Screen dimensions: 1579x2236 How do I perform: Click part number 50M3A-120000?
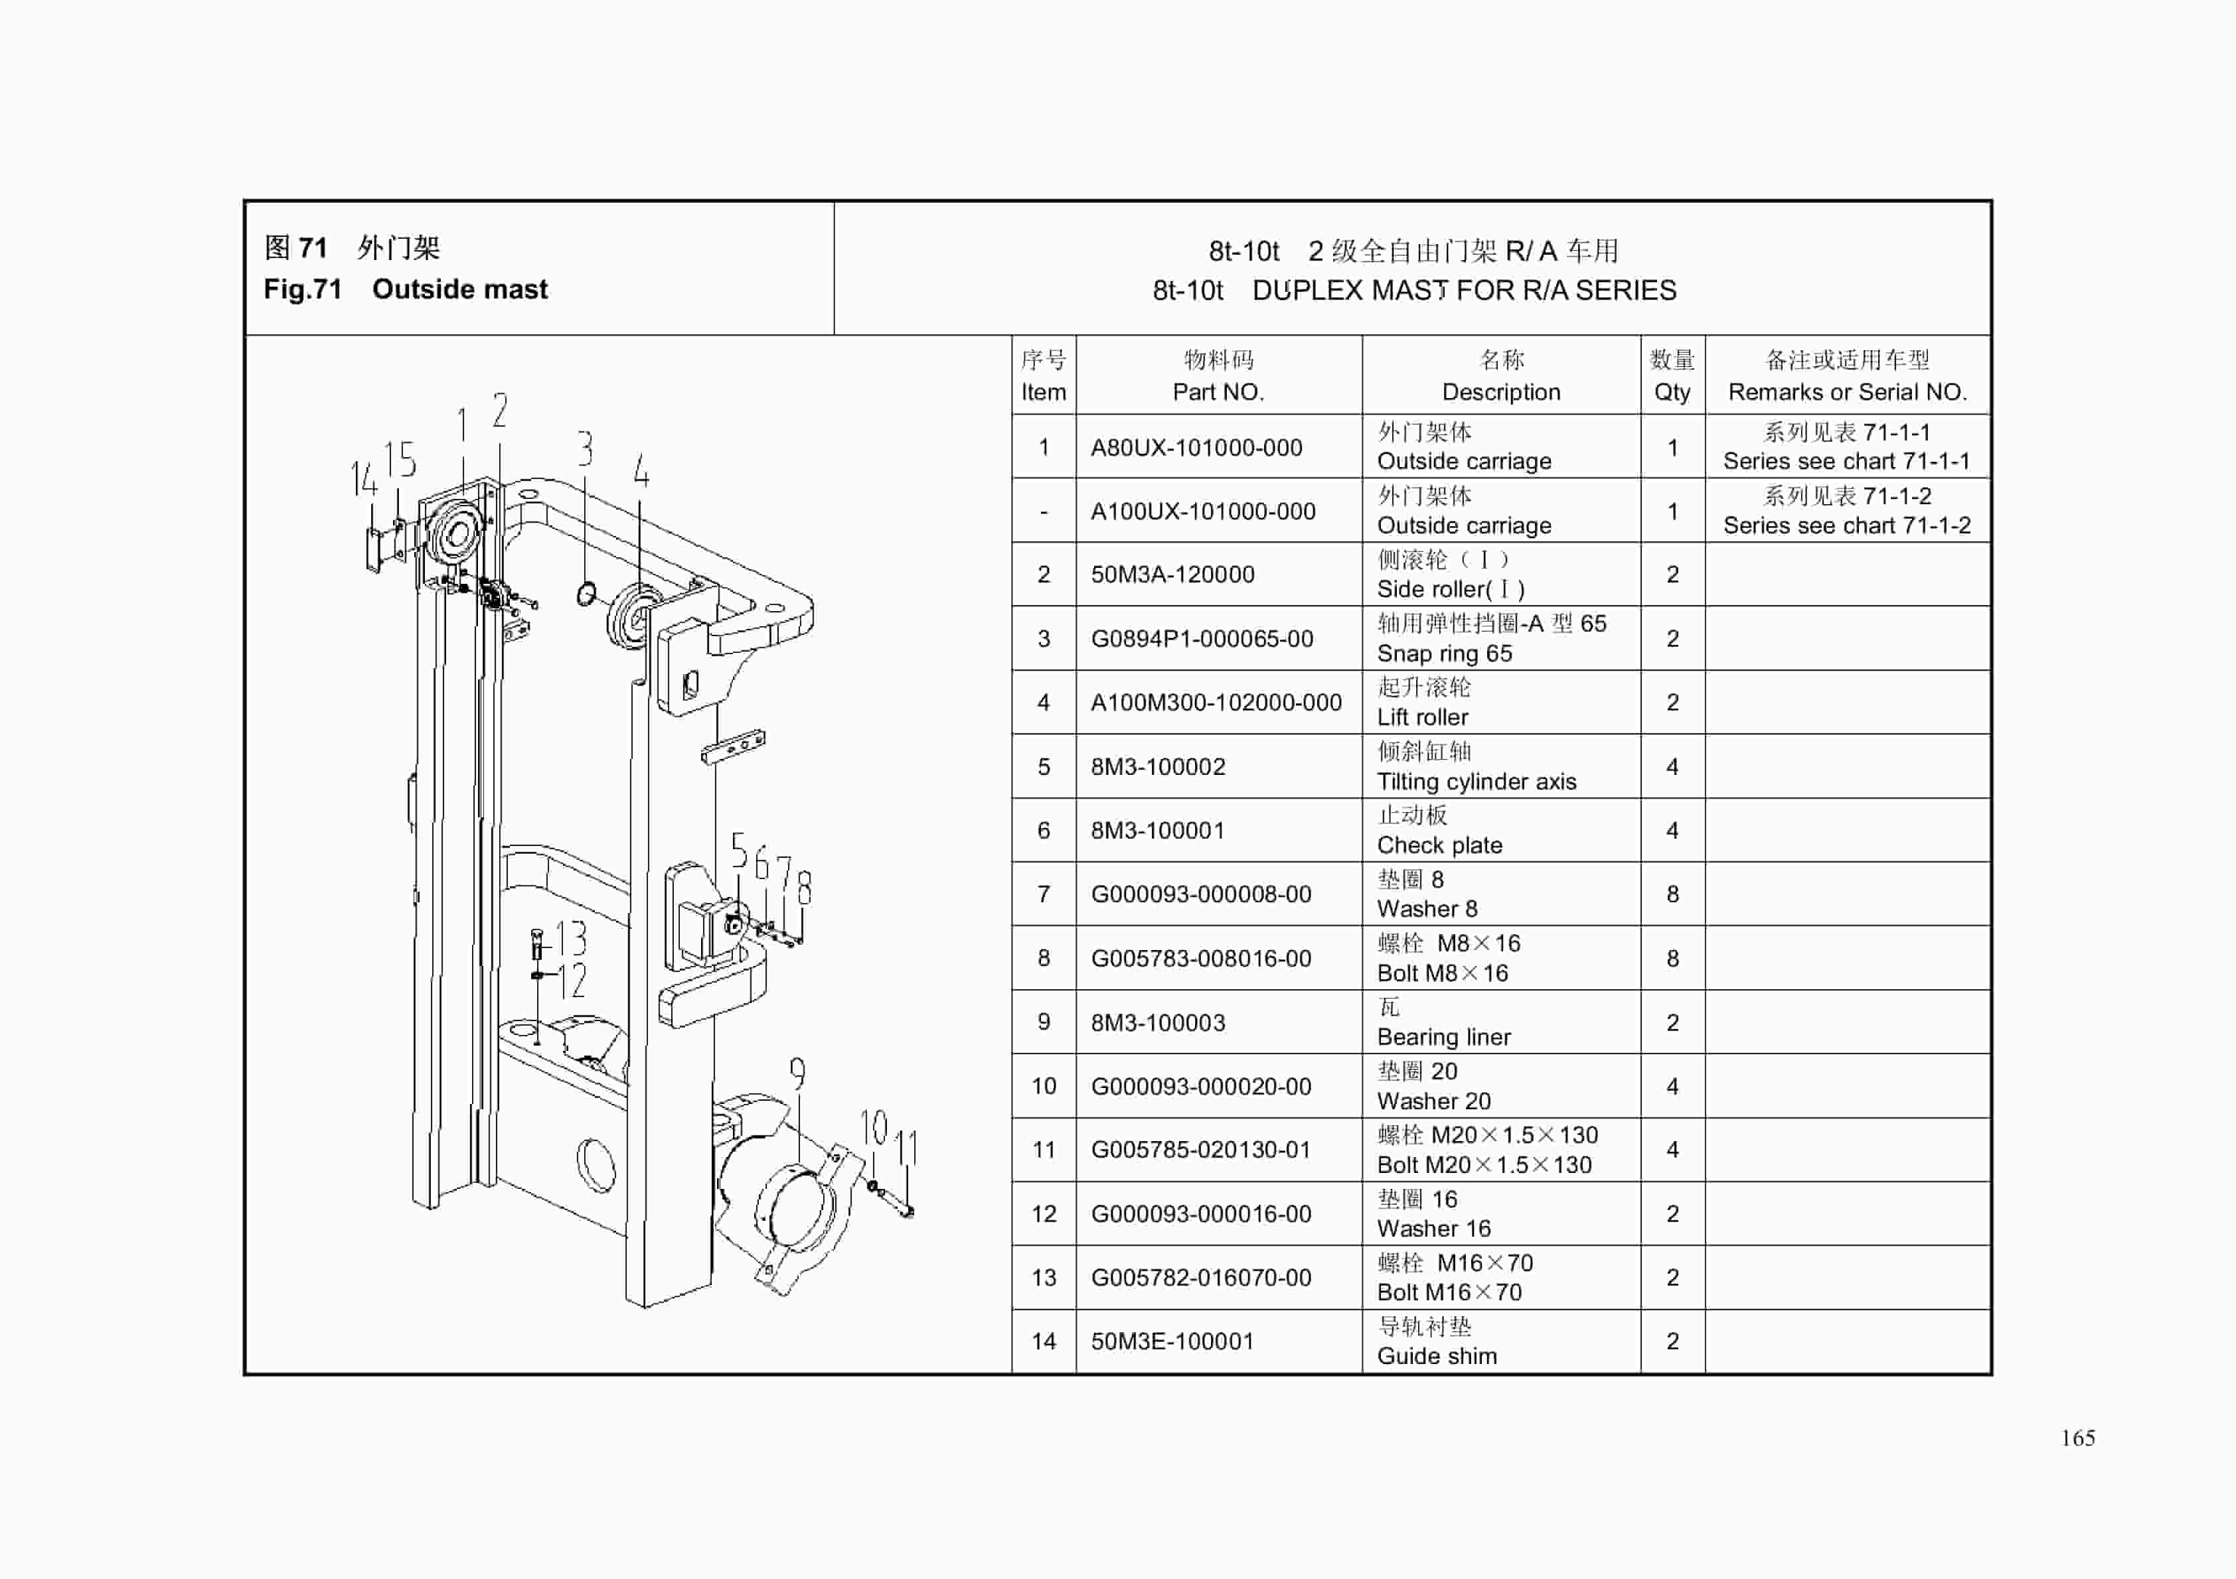coord(1172,575)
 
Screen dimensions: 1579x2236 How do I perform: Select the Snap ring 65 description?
coord(1443,653)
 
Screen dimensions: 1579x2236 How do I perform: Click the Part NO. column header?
coord(1218,392)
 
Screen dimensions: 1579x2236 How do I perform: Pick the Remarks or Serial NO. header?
coord(1846,392)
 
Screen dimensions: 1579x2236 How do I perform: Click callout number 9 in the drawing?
coord(797,1073)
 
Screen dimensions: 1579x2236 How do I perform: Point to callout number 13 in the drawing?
coord(571,939)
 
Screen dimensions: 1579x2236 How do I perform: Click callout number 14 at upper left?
coord(362,479)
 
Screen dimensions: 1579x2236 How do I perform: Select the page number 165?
coord(2077,1438)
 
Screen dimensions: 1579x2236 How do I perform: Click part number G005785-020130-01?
coord(1200,1150)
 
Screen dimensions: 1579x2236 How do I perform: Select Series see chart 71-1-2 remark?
coord(1846,525)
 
